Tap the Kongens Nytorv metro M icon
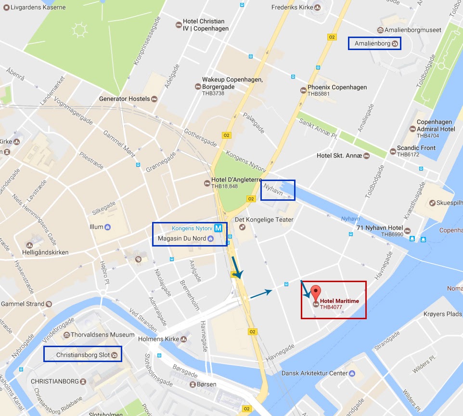coord(219,228)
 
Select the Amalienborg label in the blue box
coord(371,44)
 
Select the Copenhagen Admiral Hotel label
coord(436,126)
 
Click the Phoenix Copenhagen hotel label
coord(337,88)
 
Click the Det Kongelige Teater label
coord(264,220)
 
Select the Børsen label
coord(206,384)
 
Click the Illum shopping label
coord(96,226)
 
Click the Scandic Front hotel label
coord(416,148)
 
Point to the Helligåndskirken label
coord(45,252)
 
